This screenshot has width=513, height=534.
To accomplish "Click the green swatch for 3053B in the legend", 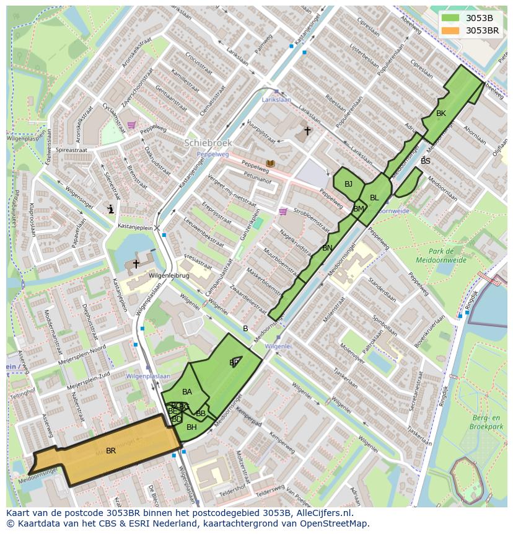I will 451,17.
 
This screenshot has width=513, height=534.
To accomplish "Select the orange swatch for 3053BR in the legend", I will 451,30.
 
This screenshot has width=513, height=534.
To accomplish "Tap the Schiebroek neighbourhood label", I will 208,143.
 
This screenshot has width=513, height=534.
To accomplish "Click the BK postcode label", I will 441,113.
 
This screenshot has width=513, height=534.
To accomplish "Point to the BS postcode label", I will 425,161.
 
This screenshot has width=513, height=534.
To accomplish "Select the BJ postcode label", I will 348,184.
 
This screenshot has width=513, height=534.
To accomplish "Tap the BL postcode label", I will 374,198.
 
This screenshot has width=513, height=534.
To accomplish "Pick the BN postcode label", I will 327,248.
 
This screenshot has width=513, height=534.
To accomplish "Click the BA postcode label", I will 187,392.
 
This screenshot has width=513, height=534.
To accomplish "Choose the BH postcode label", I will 191,427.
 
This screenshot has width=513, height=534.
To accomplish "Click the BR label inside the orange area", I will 111,451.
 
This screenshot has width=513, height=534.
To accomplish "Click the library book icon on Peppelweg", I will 270,164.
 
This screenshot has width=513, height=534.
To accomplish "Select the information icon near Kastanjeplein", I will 110,210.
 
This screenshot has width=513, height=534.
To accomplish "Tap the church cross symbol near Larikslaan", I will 307,131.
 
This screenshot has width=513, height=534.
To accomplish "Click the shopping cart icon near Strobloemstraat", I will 283,211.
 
